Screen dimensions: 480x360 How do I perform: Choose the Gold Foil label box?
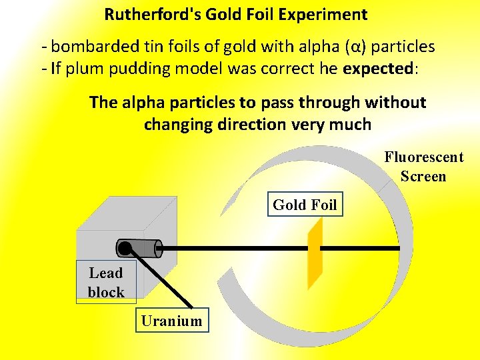click(305, 205)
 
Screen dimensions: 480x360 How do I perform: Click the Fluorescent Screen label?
click(423, 167)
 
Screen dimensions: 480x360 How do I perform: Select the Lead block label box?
click(106, 282)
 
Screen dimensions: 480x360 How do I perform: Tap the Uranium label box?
click(171, 321)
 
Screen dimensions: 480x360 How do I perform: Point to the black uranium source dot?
click(125, 249)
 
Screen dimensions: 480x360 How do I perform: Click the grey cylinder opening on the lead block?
click(158, 248)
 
